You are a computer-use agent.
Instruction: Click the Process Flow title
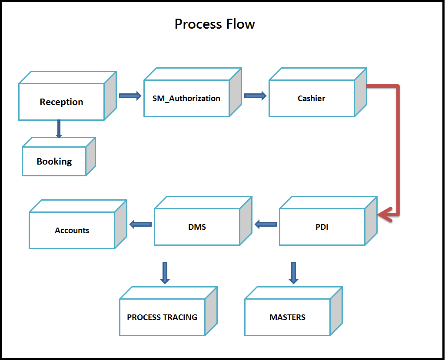click(215, 24)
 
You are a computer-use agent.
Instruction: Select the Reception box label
click(61, 102)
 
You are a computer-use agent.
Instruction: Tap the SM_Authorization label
click(186, 99)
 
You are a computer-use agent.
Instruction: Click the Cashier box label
click(311, 99)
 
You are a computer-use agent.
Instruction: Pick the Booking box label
click(54, 162)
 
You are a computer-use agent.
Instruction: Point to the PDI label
click(322, 227)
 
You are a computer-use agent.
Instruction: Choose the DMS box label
click(197, 227)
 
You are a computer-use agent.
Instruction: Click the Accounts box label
click(72, 230)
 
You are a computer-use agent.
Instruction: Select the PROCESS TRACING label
click(162, 317)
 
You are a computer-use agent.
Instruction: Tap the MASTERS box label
click(288, 317)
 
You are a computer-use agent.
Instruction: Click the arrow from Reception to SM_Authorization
click(130, 96)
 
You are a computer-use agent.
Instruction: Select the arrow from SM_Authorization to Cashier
click(255, 96)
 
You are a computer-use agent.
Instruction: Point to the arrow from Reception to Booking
click(59, 129)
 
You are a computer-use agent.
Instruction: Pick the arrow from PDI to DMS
click(266, 225)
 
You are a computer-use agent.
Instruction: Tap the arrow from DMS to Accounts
click(140, 225)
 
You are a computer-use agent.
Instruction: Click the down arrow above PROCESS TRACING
click(165, 273)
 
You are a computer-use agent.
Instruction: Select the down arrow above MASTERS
click(293, 273)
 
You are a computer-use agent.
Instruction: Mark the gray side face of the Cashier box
click(360, 92)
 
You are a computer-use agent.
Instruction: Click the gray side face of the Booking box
click(90, 157)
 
